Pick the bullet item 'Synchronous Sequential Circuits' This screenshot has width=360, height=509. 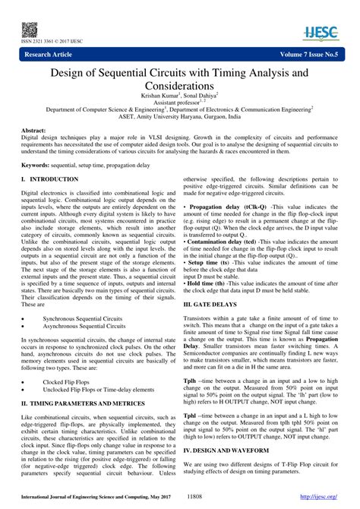click(x=84, y=296)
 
